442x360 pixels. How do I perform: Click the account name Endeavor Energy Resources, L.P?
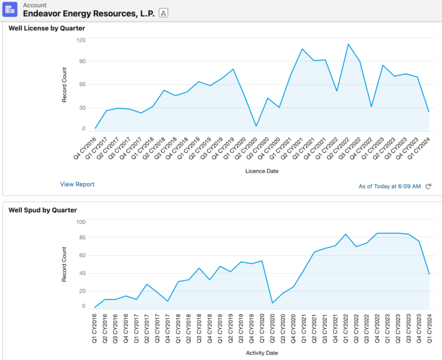89,13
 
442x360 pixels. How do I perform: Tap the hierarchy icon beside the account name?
163,13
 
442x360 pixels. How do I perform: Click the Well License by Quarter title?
47,28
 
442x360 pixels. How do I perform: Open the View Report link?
77,184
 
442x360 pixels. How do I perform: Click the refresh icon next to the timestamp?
428,186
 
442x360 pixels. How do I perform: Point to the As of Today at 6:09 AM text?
390,186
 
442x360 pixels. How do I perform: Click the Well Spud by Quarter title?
43,210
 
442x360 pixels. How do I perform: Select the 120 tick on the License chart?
80,40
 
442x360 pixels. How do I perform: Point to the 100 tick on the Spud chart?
80,222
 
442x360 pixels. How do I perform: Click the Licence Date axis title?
262,171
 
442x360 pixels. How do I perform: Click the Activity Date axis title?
262,351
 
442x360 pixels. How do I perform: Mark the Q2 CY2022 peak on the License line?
348,44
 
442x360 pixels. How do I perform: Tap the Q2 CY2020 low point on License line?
256,126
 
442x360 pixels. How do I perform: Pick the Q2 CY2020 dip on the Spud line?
272,303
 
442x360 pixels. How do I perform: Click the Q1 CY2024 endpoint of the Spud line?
429,274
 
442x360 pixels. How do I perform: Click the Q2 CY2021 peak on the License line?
302,49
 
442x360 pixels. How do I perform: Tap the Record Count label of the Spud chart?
65,265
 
